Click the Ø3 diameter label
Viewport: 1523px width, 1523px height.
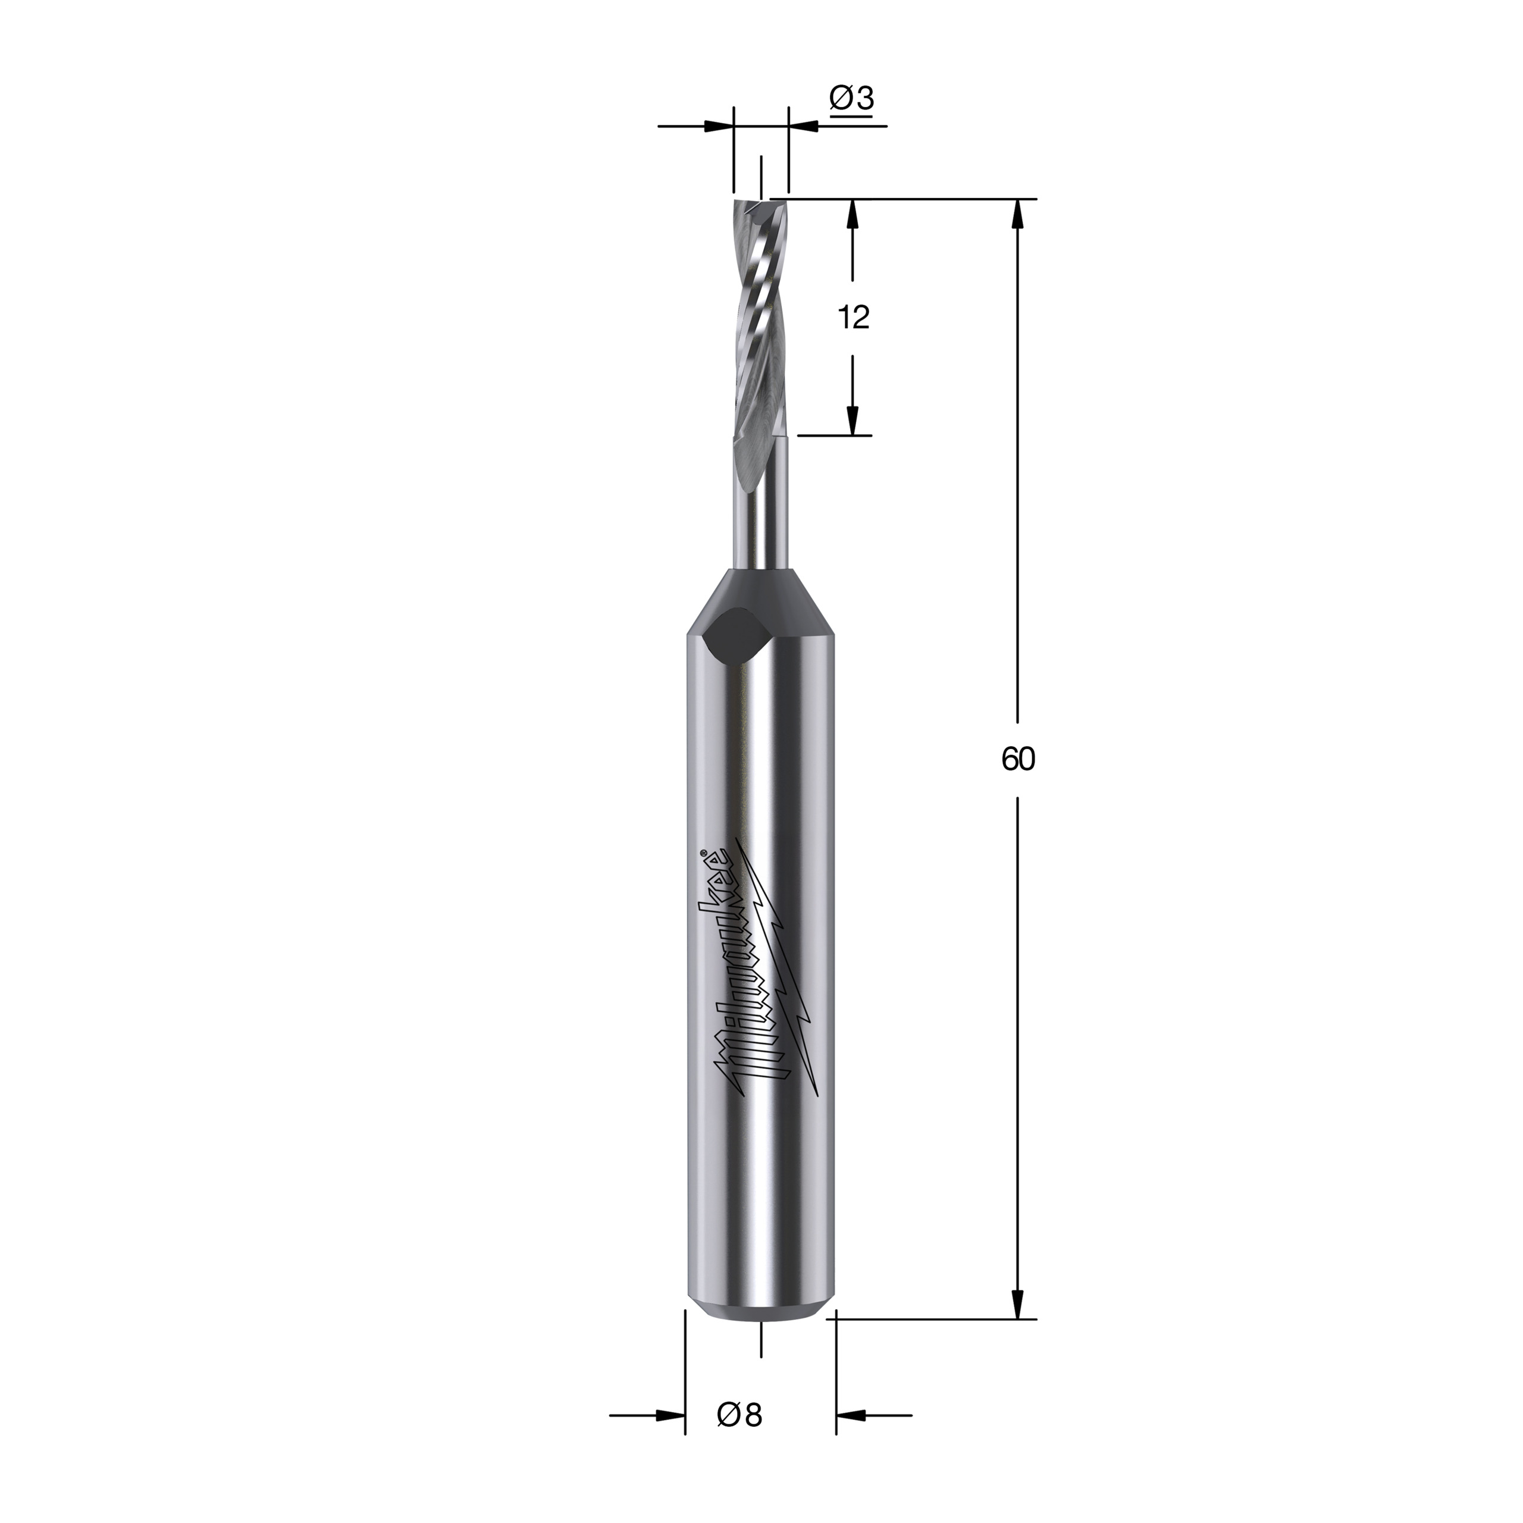coord(851,99)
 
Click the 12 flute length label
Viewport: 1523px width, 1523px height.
coord(853,318)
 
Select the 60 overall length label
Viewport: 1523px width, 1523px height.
coord(1018,759)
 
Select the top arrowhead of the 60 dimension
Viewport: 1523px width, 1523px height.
coord(1018,214)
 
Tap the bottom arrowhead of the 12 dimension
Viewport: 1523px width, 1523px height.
coord(852,420)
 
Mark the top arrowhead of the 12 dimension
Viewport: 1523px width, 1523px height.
coord(852,214)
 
